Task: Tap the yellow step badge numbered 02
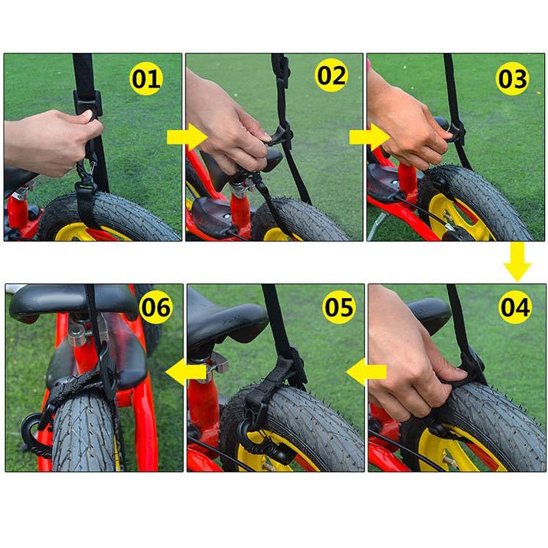point(332,76)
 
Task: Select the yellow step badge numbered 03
point(512,79)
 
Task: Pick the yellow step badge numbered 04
point(515,308)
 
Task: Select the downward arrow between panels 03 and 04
point(517,262)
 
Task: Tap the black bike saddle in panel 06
point(71,301)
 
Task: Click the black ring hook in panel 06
point(32,430)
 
